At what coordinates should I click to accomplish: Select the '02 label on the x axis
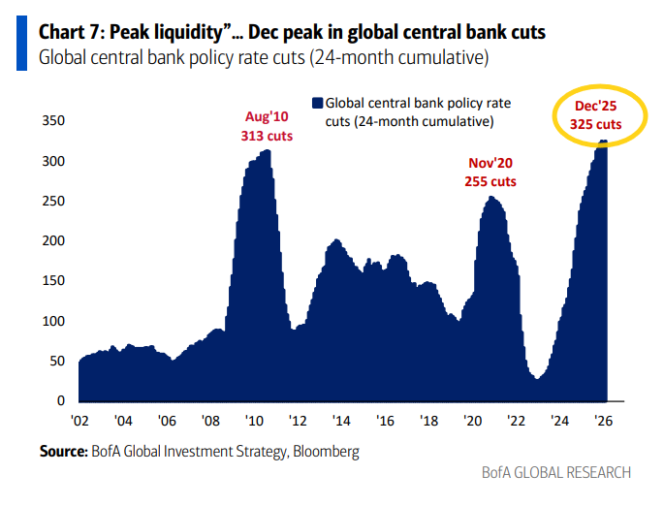click(79, 421)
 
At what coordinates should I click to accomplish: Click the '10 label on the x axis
click(254, 421)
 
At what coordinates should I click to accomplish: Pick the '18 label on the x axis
click(429, 421)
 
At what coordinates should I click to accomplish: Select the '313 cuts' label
click(267, 136)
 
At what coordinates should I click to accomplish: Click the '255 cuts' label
click(490, 181)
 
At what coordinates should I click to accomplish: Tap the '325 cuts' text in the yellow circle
click(596, 126)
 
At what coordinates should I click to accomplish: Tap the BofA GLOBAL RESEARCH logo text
click(556, 473)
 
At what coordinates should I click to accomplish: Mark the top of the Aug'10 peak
click(266, 150)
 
